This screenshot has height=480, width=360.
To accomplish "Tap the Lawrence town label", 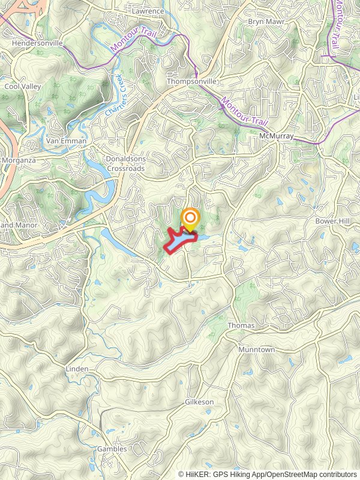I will tap(148, 11).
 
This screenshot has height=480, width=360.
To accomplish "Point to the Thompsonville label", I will tap(191, 81).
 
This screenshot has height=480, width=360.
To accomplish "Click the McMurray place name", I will tap(277, 136).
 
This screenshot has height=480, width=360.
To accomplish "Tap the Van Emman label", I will tap(67, 141).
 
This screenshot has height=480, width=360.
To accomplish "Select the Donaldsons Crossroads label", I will tap(125, 164).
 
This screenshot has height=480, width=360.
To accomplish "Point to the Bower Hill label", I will tap(332, 221).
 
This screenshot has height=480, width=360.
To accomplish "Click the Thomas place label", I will tap(241, 325).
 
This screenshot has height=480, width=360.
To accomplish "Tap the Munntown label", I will tap(256, 349).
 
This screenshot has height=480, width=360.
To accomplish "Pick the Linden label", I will tap(77, 368).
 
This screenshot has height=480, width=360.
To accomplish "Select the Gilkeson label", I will tap(199, 401).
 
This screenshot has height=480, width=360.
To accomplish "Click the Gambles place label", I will tap(112, 449).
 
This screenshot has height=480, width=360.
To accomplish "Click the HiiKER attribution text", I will tap(267, 474).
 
